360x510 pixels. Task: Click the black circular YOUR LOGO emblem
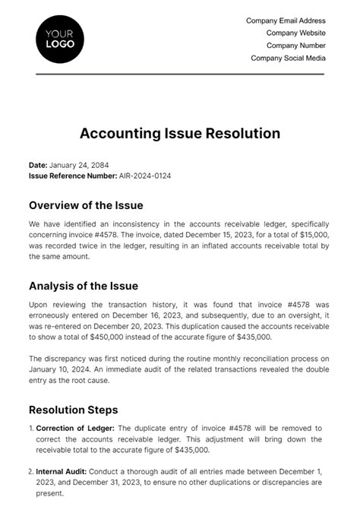[x=59, y=37]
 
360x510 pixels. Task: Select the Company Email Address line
[x=286, y=21]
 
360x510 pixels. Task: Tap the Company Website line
[x=295, y=33]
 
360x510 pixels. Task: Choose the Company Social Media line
[x=288, y=58]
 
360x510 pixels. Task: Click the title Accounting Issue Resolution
[x=180, y=134]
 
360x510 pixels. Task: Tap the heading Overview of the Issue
[x=86, y=205]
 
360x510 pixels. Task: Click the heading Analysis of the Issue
[x=83, y=287]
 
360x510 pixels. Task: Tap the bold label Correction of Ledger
[x=74, y=429]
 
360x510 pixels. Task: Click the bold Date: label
[x=38, y=165]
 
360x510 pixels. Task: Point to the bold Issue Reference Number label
[x=73, y=175]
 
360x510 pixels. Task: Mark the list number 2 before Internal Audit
[x=31, y=472]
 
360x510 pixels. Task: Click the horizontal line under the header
[x=180, y=74]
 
